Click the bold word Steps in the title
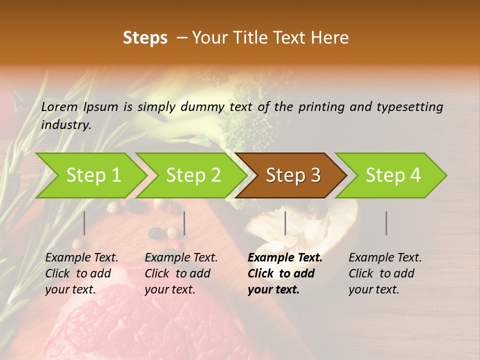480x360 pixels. [145, 38]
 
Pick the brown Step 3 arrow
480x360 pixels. [293, 175]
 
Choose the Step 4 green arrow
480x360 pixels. [393, 175]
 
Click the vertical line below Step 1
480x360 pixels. [84, 223]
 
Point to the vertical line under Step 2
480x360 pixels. [184, 223]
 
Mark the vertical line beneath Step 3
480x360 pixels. [285, 223]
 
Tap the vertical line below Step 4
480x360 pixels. [386, 223]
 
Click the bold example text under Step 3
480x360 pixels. [284, 273]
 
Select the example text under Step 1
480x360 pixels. [81, 273]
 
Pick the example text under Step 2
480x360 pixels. [181, 273]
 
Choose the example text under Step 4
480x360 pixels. [385, 273]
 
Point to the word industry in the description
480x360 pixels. [65, 124]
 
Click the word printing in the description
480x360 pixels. [318, 106]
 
